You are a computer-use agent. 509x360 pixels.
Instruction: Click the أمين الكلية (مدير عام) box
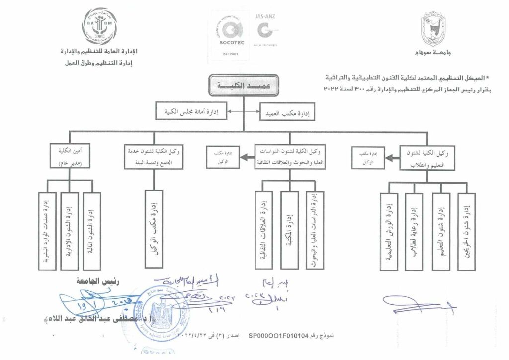point(70,155)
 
